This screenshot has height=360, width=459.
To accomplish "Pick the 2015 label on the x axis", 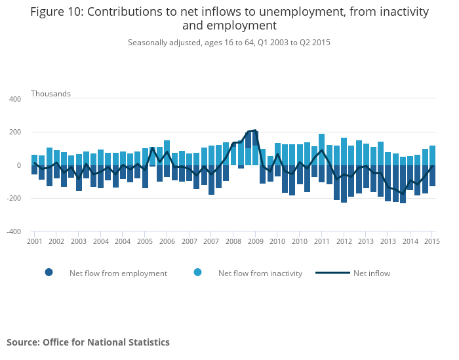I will pos(431,242).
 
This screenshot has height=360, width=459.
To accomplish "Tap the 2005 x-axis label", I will pos(145,242).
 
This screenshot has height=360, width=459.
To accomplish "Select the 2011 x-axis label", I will pos(321,242).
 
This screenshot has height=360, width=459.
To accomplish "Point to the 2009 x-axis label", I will pos(255,242).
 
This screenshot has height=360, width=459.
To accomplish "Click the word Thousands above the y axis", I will pos(50,94).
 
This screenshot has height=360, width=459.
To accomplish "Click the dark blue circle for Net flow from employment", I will pos(49,273).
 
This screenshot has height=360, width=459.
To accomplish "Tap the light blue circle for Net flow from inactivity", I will pos(197,273).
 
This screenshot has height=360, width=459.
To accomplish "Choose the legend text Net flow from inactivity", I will pos(260,273).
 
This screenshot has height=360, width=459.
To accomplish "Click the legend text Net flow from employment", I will pos(118,273).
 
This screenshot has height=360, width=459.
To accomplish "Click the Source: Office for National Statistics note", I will pos(88,342).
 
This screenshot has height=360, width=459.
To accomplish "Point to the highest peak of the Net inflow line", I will pos(255,130).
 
